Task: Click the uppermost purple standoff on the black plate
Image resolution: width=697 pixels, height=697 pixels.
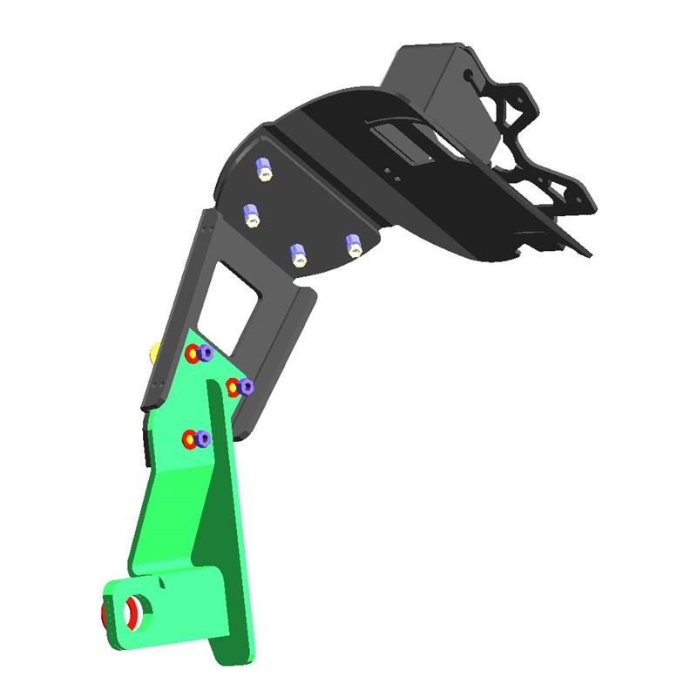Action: [x=262, y=168]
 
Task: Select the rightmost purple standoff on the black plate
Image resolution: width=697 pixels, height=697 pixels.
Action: [x=353, y=245]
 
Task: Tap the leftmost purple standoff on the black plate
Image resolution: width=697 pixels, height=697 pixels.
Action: [x=252, y=214]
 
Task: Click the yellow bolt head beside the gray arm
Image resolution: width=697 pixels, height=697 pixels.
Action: [x=154, y=353]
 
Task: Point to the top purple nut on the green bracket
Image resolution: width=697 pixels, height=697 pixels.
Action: [x=206, y=353]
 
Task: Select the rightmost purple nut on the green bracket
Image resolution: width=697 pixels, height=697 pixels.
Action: [x=247, y=386]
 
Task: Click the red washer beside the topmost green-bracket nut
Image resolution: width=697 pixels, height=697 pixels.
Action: [x=193, y=354]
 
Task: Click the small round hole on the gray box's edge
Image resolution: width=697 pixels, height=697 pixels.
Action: [x=471, y=76]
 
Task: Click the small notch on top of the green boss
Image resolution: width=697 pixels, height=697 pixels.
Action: [x=163, y=579]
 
